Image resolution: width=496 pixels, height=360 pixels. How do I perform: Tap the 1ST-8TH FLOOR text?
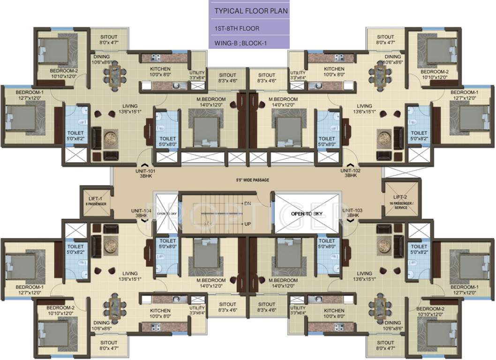click(237, 29)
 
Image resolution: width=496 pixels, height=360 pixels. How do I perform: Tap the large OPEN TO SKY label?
click(304, 213)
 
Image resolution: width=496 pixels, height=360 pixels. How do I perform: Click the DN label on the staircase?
click(247, 203)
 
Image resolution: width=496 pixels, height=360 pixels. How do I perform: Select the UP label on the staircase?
click(247, 224)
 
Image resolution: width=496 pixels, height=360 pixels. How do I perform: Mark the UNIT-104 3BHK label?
click(141, 213)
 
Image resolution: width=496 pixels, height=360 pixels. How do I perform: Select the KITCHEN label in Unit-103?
click(334, 310)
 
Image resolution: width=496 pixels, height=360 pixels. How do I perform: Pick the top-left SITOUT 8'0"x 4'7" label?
click(109, 40)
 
